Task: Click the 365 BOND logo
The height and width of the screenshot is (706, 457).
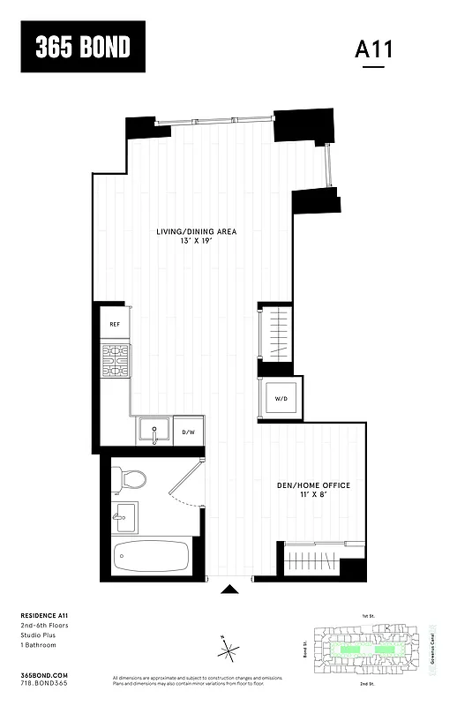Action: click(x=82, y=47)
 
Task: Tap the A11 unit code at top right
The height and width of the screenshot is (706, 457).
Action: click(x=373, y=49)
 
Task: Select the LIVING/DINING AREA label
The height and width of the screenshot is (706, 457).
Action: click(x=197, y=232)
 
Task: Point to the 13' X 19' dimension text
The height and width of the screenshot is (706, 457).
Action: click(x=197, y=241)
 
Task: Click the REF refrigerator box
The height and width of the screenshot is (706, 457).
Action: click(x=115, y=324)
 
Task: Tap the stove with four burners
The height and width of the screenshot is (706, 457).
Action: click(x=115, y=360)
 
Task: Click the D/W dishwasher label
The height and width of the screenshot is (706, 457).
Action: click(x=188, y=432)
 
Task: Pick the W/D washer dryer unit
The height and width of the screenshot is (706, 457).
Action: click(x=281, y=399)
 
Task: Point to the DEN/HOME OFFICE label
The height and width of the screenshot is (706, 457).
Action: click(x=314, y=486)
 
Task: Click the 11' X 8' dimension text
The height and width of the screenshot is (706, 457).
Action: click(x=314, y=496)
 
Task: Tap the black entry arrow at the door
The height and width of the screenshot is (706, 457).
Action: click(x=229, y=590)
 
